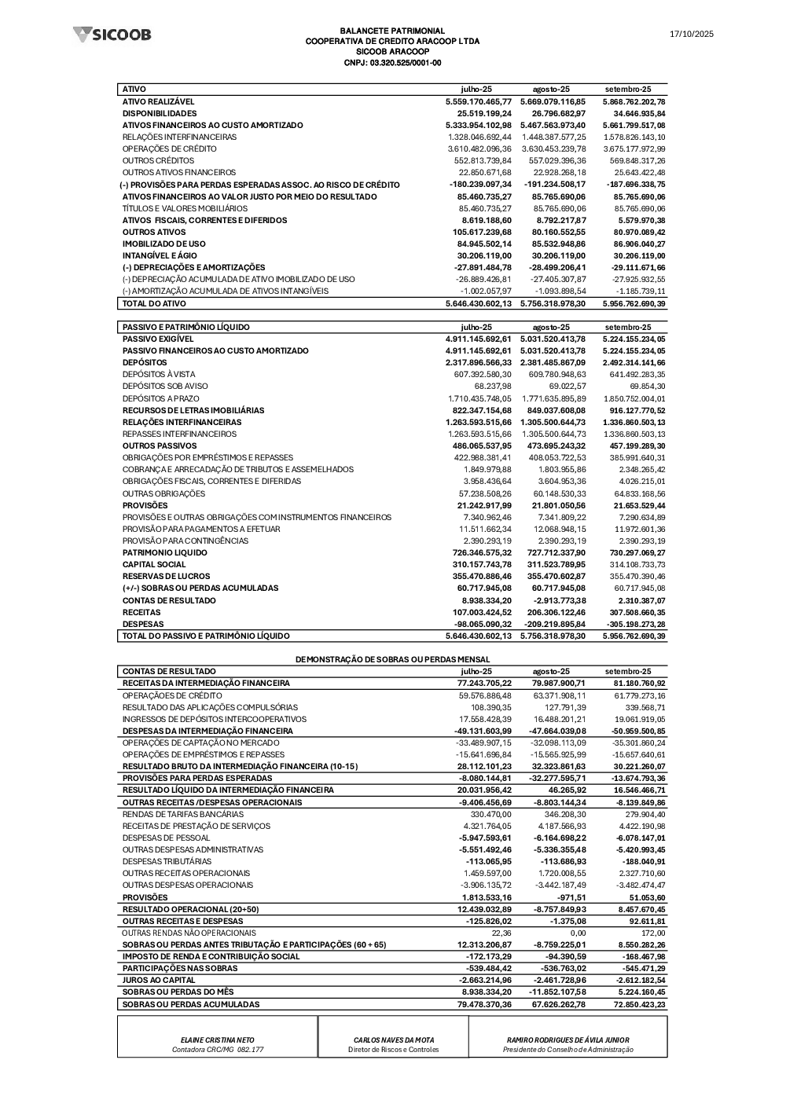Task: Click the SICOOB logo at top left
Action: point(112,35)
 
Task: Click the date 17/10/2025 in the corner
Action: point(691,35)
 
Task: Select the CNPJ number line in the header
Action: point(392,63)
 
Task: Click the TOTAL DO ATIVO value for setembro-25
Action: point(634,303)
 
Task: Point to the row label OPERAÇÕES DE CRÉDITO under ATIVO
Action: point(169,148)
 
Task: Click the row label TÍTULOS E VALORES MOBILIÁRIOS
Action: point(185,208)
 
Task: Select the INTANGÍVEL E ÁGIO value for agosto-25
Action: point(558,255)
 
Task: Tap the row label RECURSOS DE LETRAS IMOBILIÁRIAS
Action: point(193,410)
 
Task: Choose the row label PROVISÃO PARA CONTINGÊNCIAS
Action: point(185,541)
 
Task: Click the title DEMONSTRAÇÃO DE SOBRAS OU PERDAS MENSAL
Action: point(392,659)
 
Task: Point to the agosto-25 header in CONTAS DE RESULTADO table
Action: point(551,671)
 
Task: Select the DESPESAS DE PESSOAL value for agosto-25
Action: point(559,838)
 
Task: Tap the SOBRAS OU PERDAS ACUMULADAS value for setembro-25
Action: point(634,1004)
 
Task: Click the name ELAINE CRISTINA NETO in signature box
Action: point(218,1039)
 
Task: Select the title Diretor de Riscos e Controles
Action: point(394,1049)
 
